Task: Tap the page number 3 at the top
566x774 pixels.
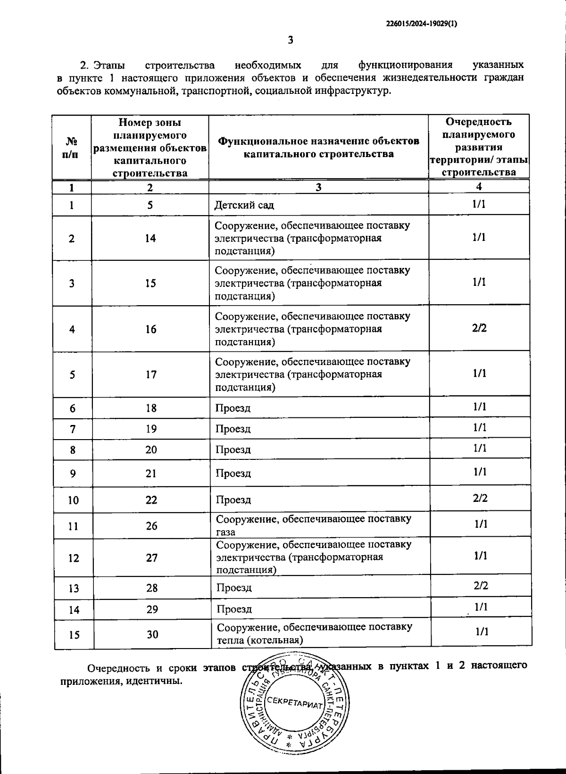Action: point(291,40)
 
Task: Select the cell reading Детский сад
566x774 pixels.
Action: point(244,205)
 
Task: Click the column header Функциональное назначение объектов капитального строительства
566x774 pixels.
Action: point(318,147)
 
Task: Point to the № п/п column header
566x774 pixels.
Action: point(71,148)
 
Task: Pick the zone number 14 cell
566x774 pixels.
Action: point(150,238)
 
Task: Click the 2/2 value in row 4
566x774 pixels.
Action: point(479,328)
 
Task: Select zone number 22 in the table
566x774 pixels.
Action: point(151,500)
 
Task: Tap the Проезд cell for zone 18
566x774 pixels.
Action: point(233,408)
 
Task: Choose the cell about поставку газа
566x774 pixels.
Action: point(314,525)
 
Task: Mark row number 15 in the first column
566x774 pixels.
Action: point(74,635)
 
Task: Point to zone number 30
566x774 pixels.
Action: point(152,634)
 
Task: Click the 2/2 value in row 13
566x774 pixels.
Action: point(481,586)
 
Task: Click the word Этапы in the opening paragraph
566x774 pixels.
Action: point(109,65)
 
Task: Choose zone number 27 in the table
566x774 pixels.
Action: point(152,558)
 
